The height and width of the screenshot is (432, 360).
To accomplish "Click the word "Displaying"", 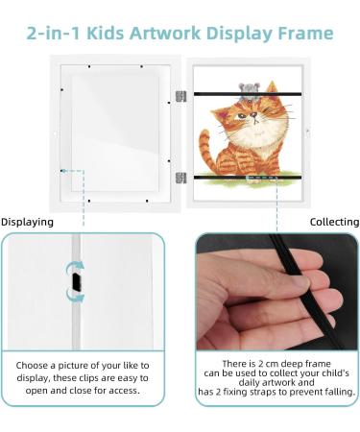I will (27, 222).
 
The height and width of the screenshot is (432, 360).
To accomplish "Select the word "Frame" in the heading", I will (302, 34).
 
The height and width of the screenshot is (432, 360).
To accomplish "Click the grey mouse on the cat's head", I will (248, 88).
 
